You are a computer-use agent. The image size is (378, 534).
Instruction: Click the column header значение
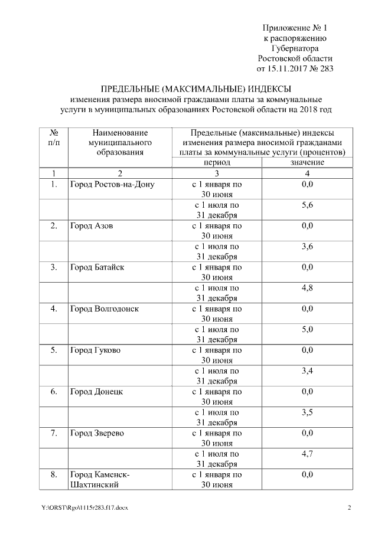(x=307, y=162)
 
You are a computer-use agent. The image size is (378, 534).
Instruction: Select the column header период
(x=217, y=162)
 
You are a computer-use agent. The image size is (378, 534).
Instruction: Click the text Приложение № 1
(x=295, y=28)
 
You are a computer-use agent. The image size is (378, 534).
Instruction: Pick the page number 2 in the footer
(x=349, y=508)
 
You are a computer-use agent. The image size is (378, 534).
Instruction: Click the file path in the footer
(x=84, y=508)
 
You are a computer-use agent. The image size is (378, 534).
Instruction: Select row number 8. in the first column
(x=54, y=474)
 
